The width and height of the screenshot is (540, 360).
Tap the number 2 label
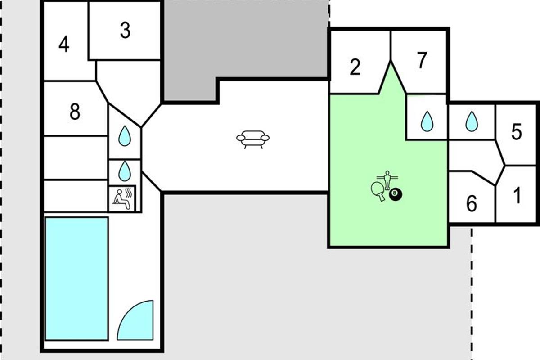(x=355, y=68)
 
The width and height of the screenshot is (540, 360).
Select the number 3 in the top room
(x=125, y=31)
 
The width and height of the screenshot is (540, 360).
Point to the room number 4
(x=64, y=45)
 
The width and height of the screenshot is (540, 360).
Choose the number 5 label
(x=517, y=132)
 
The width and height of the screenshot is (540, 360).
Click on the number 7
(x=421, y=61)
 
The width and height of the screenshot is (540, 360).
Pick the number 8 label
(x=75, y=112)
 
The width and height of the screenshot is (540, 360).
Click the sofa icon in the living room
(x=252, y=139)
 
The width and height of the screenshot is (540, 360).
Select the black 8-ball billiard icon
(x=396, y=194)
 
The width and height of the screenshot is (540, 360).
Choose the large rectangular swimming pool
(x=76, y=279)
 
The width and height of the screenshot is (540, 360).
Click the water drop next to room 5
(x=471, y=121)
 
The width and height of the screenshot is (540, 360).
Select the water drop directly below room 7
(x=426, y=121)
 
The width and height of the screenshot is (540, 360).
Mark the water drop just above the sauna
(x=124, y=171)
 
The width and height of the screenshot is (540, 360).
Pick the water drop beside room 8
(x=124, y=135)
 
